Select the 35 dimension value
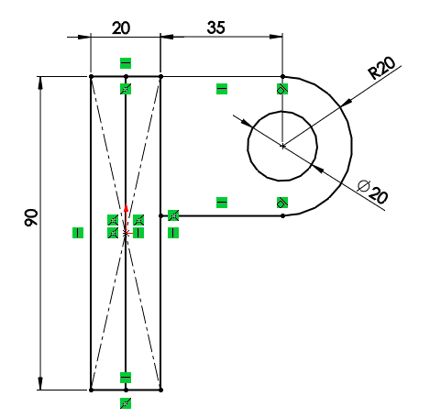pyautogui.click(x=216, y=27)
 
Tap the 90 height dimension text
pyautogui.click(x=31, y=218)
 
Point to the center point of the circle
pyautogui.click(x=282, y=146)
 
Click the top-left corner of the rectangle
pyautogui.click(x=91, y=76)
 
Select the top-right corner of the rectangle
pyautogui.click(x=160, y=76)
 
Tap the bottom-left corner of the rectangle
pyautogui.click(x=91, y=390)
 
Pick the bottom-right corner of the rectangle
pyautogui.click(x=160, y=390)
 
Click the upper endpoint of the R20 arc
pyautogui.click(x=282, y=76)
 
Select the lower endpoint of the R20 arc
pyautogui.click(x=282, y=215)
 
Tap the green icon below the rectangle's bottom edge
pyautogui.click(x=126, y=402)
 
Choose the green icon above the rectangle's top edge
pyautogui.click(x=126, y=63)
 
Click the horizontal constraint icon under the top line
pyautogui.click(x=221, y=89)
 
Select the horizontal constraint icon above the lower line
pyautogui.click(x=221, y=202)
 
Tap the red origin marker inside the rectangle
pyautogui.click(x=126, y=232)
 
